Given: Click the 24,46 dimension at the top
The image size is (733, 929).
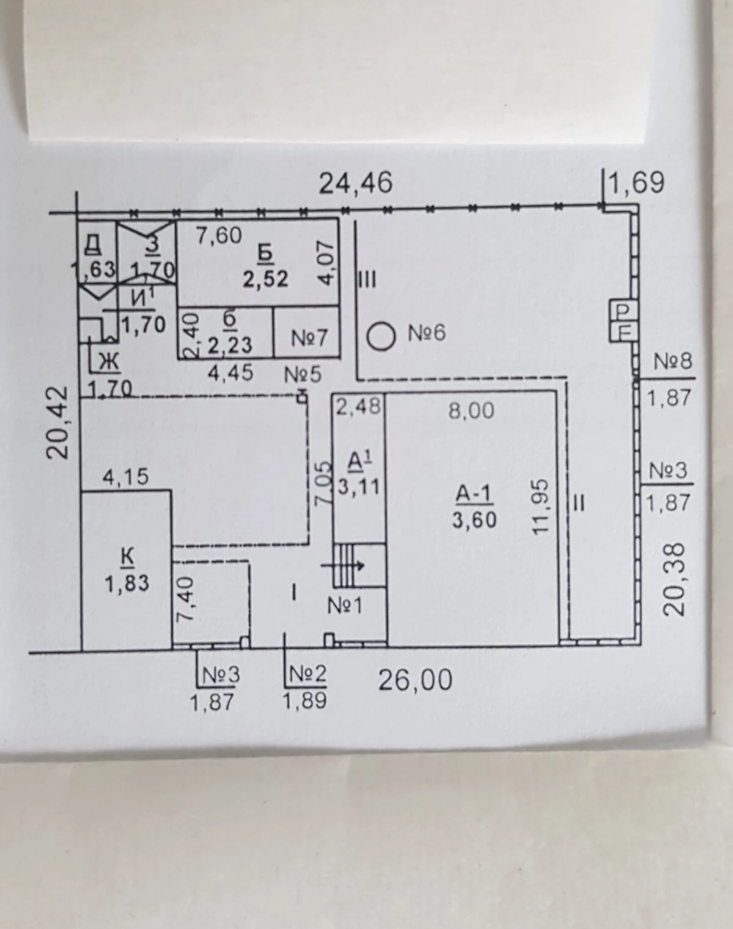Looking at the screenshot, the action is [356, 183].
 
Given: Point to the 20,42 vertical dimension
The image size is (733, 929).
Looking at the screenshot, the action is [58, 422].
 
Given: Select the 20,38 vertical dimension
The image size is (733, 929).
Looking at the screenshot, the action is [674, 579].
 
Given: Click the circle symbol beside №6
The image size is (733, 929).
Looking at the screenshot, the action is [382, 336].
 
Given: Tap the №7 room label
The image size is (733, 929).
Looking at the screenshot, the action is [309, 337].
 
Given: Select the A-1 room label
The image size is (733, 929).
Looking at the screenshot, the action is [473, 494].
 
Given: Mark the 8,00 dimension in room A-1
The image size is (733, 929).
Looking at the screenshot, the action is [471, 410].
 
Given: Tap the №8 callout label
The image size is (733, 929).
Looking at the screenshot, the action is [673, 361].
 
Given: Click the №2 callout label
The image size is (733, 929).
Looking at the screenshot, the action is [308, 674].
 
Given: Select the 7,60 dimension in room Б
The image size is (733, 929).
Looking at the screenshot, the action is [219, 236].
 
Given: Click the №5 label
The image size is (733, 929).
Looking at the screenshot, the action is [303, 374].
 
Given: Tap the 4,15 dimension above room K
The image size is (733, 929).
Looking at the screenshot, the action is [126, 477].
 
